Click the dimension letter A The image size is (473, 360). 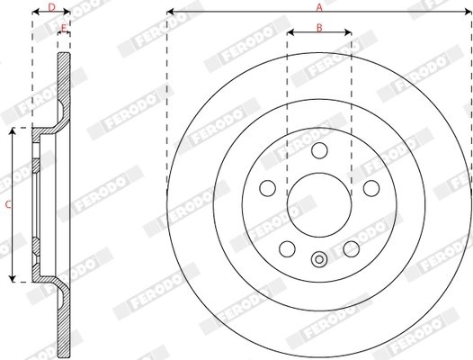pyautogui.click(x=318, y=6)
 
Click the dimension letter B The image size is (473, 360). pyautogui.click(x=319, y=27)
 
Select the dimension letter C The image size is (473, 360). pyautogui.click(x=7, y=205)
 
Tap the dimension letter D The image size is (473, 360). pyautogui.click(x=50, y=7)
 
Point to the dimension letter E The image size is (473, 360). pyautogui.click(x=63, y=28)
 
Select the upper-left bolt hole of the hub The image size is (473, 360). pyautogui.click(x=267, y=188)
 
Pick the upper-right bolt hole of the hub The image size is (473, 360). pyautogui.click(x=371, y=188)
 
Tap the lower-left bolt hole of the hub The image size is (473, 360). pyautogui.click(x=287, y=247)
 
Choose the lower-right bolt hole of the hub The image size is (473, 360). pyautogui.click(x=352, y=247)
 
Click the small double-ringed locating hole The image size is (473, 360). pyautogui.click(x=319, y=260)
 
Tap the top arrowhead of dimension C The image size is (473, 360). pyautogui.click(x=13, y=132)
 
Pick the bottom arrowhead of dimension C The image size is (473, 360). pyautogui.click(x=13, y=278)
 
